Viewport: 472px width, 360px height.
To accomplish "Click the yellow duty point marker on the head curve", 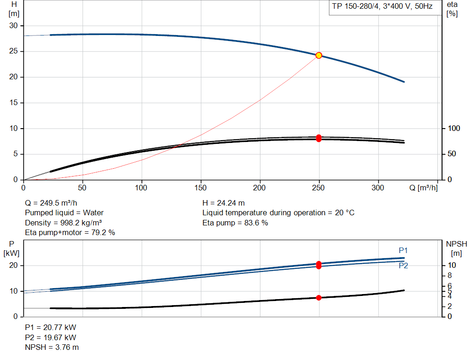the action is tap(319, 55).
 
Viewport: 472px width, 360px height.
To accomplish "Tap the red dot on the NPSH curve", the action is tap(319, 298).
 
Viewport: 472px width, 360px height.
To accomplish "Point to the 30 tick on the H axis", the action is tap(13, 26).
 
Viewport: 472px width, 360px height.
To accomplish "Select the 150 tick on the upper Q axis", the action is tap(201, 188).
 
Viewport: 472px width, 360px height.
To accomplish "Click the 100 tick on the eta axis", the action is tap(454, 129).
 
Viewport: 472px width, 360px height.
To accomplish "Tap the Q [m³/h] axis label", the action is tap(424, 188).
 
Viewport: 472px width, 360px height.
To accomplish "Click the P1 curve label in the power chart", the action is tap(403, 250).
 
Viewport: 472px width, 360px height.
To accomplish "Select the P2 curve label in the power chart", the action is tap(403, 266).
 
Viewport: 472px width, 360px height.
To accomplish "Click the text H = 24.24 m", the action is tap(224, 203).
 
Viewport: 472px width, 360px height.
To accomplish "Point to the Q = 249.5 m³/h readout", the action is tap(51, 203).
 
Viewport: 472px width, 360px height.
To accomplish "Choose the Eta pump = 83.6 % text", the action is tap(235, 223).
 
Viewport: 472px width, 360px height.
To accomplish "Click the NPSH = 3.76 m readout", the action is tap(52, 348).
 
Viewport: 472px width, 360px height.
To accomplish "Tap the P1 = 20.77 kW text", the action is tap(51, 327).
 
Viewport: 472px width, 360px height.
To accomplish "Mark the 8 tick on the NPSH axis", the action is tap(449, 276).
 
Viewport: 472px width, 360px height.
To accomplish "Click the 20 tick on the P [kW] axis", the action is tap(13, 266).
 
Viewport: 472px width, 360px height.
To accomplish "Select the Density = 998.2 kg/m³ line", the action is tap(63, 223).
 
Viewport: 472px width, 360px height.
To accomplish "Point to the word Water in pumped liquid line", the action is tap(93, 213).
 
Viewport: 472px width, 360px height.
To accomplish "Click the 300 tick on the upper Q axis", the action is tap(378, 188).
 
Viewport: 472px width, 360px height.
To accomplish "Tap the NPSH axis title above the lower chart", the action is tap(456, 248).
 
